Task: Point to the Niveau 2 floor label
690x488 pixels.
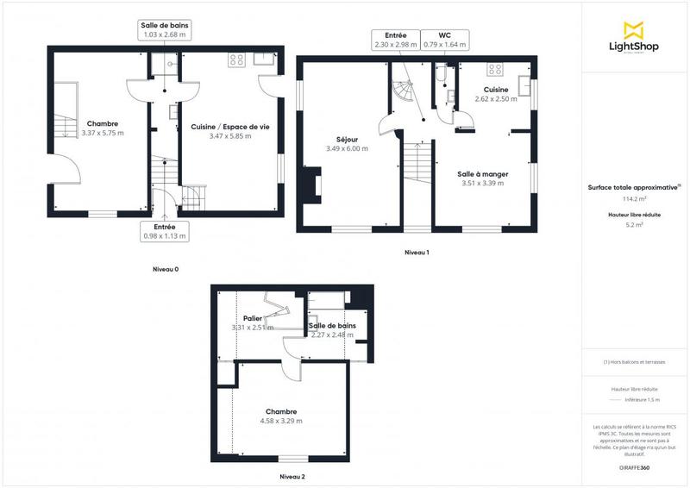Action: pyautogui.click(x=292, y=476)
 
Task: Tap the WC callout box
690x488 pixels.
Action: pyautogui.click(x=447, y=40)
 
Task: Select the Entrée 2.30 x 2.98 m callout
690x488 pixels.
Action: pyautogui.click(x=396, y=40)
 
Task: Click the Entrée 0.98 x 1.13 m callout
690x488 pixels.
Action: pyautogui.click(x=164, y=231)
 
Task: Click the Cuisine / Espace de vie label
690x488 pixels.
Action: pyautogui.click(x=229, y=131)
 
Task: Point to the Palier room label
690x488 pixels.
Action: pyautogui.click(x=253, y=322)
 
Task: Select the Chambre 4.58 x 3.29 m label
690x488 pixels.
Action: pyautogui.click(x=282, y=416)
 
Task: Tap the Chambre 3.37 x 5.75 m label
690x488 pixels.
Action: pyautogui.click(x=102, y=128)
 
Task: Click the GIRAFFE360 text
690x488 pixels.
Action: pyautogui.click(x=634, y=466)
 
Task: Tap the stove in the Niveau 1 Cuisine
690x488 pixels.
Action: pyautogui.click(x=495, y=69)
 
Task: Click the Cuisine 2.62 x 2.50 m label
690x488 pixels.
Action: pyautogui.click(x=495, y=94)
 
